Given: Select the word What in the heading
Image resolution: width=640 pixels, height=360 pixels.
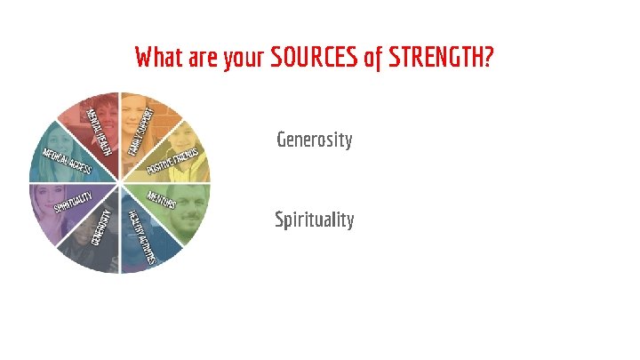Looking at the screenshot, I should point(159,59).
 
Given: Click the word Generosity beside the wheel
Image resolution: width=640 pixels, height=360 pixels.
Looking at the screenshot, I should point(314,140).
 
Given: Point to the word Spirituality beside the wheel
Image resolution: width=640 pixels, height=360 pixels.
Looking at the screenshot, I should point(314,219).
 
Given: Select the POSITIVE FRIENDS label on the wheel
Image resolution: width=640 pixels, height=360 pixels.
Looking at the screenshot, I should point(172,161).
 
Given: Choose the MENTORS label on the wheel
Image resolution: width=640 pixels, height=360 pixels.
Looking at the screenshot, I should point(162,199).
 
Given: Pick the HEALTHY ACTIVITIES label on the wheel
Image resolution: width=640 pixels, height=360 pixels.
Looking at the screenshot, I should point(142,236).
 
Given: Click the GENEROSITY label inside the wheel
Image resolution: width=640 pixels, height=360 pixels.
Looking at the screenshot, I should point(100,229).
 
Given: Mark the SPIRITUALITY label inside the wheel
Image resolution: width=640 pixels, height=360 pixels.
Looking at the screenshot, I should point(73,204).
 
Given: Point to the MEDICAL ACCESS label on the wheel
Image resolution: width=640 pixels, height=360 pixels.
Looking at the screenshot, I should point(68,161).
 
